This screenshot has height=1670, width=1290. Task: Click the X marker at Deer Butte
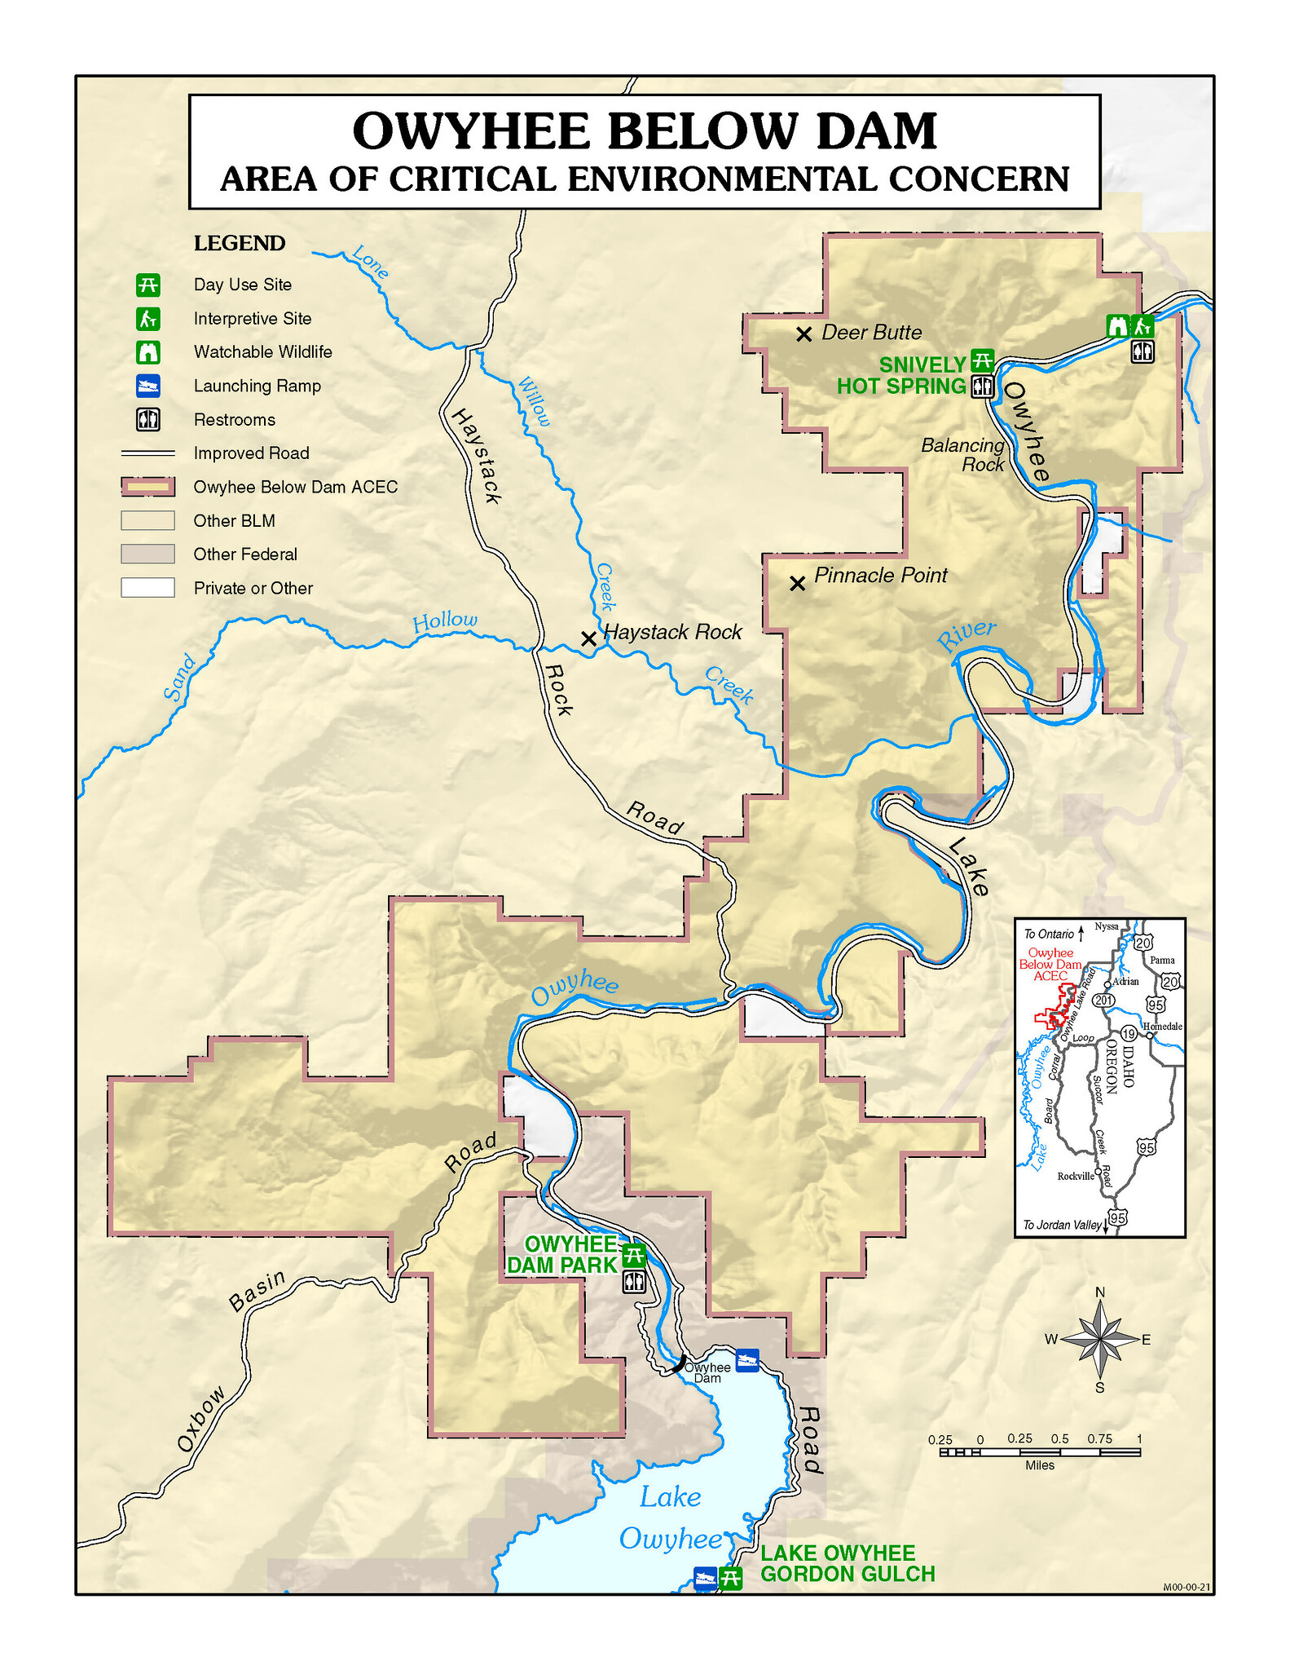tap(803, 334)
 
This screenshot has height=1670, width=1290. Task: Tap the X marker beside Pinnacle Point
tap(798, 584)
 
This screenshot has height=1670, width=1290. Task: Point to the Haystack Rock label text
tap(673, 632)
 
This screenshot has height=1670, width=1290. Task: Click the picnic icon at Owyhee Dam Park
tap(633, 1255)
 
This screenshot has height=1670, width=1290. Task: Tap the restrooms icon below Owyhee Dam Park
tap(634, 1282)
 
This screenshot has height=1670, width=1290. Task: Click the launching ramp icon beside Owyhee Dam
tap(746, 1359)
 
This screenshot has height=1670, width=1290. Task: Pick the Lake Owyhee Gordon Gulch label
tap(847, 1563)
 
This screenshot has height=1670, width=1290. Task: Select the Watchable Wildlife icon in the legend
tap(148, 352)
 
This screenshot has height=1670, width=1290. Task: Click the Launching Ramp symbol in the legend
tap(148, 386)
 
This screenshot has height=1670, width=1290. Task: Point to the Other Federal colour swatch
tap(147, 554)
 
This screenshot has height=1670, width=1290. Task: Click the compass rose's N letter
tap(1100, 1292)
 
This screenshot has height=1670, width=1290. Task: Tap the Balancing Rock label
tap(964, 455)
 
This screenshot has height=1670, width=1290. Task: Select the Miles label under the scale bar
tap(1040, 1465)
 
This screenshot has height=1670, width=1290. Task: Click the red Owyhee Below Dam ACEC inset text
tap(1050, 964)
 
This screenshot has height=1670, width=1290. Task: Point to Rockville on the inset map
tap(1075, 1176)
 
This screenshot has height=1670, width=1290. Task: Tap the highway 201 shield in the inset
tap(1103, 1000)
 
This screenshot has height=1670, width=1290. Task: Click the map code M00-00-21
tap(1187, 1587)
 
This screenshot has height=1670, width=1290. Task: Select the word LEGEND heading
tap(240, 244)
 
